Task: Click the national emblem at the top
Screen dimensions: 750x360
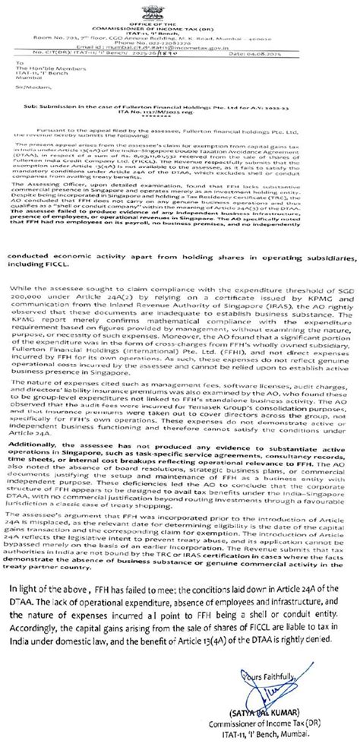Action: point(179,11)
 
